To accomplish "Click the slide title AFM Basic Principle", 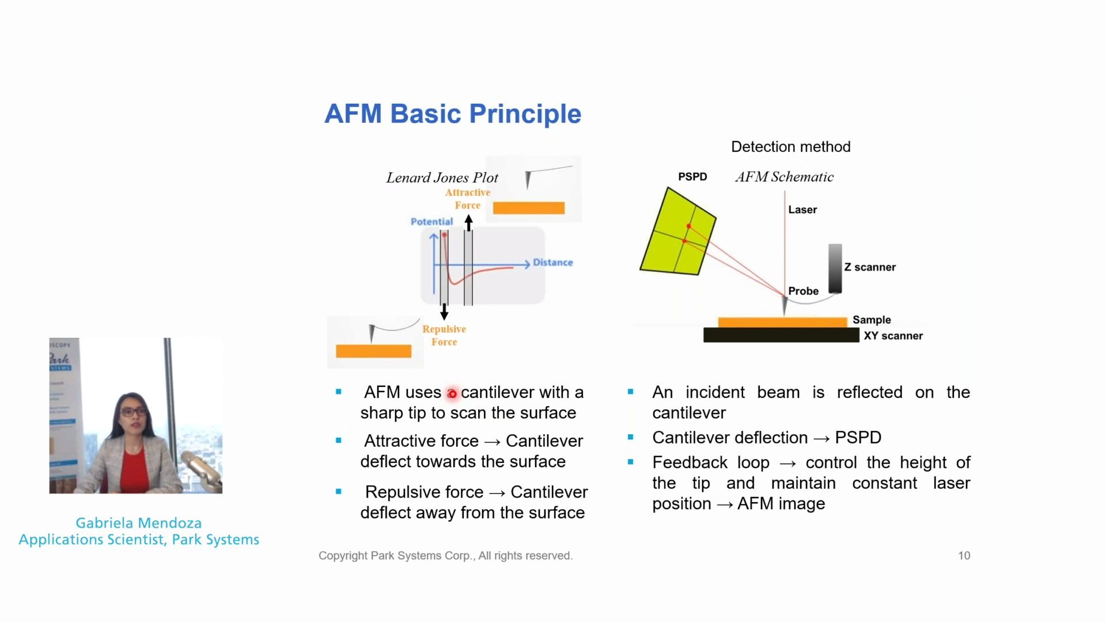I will coord(453,113).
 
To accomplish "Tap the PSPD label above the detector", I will coord(692,177).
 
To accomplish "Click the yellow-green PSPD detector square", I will coord(678,232).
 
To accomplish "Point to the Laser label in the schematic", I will coord(802,210).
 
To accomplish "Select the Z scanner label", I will coord(870,267).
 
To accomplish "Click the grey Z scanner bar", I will coord(835,268).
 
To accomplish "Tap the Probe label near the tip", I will coord(803,291).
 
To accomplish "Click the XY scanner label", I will coord(893,336).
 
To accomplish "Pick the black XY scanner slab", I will coord(781,335).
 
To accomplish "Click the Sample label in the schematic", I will coord(872,320).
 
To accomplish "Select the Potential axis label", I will coord(431,222).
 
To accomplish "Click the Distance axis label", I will coord(552,263).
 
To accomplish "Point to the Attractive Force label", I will coord(467,199).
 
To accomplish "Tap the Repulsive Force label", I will coord(444,335).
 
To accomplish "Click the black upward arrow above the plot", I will coord(468,222).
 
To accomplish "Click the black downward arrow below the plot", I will coord(444,313).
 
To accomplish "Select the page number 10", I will coord(964,556).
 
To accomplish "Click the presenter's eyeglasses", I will coord(134,411).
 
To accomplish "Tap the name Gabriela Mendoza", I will coord(139,523).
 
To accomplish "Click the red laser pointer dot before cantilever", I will coord(452,394).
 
